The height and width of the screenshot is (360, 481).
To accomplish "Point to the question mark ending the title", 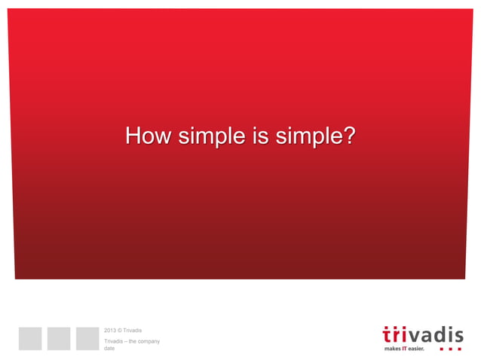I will [348, 137].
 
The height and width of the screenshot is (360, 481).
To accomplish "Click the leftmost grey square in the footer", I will [30, 338].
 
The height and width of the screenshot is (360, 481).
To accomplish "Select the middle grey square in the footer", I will [58, 338].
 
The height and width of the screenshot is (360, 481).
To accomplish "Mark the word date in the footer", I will [109, 349].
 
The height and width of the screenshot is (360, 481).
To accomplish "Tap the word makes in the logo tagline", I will [393, 349].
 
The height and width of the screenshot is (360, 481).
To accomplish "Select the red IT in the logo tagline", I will [406, 349].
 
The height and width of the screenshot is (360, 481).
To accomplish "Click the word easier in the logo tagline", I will [418, 349].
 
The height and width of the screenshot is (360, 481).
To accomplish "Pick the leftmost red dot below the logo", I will [442, 349].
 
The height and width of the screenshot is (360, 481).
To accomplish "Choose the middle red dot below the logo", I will [451, 349].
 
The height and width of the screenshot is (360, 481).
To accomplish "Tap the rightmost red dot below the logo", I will [460, 349].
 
